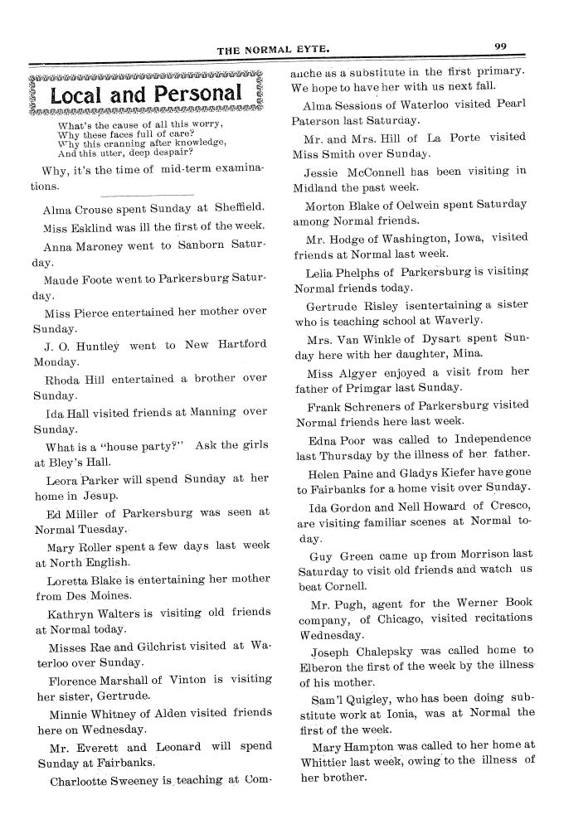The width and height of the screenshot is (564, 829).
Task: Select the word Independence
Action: click(486, 438)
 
